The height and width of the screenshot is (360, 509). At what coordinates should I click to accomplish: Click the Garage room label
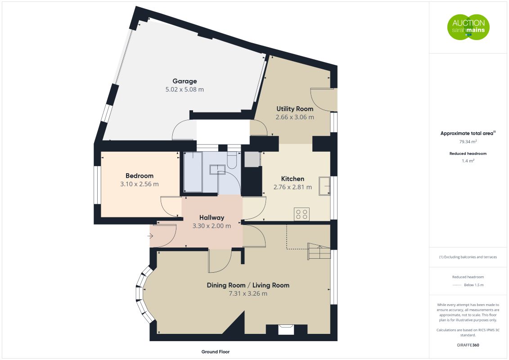[x=185, y=81]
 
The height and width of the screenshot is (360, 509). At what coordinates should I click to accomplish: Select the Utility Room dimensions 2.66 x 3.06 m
[x=295, y=117]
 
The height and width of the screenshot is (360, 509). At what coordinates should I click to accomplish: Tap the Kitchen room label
[x=293, y=179]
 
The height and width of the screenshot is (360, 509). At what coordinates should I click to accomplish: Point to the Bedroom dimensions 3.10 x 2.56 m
[x=140, y=184]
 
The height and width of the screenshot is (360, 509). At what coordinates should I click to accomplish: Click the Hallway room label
[x=212, y=217]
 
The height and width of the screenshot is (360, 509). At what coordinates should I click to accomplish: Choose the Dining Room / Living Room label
[x=248, y=285]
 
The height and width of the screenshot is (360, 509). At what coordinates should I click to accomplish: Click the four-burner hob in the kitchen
[x=301, y=214]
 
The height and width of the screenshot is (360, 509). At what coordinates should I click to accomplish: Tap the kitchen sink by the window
[x=324, y=186]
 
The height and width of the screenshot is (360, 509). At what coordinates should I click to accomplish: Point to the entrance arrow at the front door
[x=151, y=235]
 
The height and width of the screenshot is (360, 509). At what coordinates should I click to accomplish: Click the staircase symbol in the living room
[x=319, y=251]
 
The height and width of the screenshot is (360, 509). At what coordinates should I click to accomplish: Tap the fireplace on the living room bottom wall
[x=286, y=330]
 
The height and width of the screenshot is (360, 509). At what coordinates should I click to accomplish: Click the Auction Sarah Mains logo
[x=468, y=27]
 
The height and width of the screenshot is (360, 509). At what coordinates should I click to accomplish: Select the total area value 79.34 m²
[x=468, y=141]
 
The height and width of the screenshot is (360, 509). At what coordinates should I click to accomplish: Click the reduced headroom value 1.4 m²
[x=468, y=161]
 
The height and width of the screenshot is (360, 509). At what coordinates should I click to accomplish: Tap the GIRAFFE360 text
[x=468, y=345]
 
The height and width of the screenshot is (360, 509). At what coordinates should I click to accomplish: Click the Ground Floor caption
[x=216, y=351]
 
